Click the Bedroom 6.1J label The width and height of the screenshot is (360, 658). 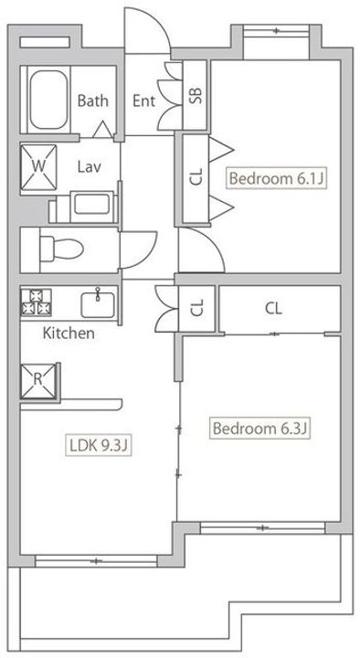pyautogui.click(x=276, y=178)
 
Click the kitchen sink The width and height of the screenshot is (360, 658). pyautogui.click(x=97, y=302)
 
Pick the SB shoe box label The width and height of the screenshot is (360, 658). pyautogui.click(x=195, y=96)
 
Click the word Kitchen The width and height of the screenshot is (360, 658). pyautogui.click(x=69, y=334)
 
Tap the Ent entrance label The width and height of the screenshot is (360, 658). pyautogui.click(x=144, y=101)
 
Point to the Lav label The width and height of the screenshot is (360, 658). pyautogui.click(x=89, y=166)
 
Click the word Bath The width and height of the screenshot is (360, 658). pyautogui.click(x=93, y=101)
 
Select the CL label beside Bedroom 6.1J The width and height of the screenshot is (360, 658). pyautogui.click(x=196, y=177)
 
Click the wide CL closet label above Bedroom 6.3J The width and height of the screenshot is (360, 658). pyautogui.click(x=273, y=309)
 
